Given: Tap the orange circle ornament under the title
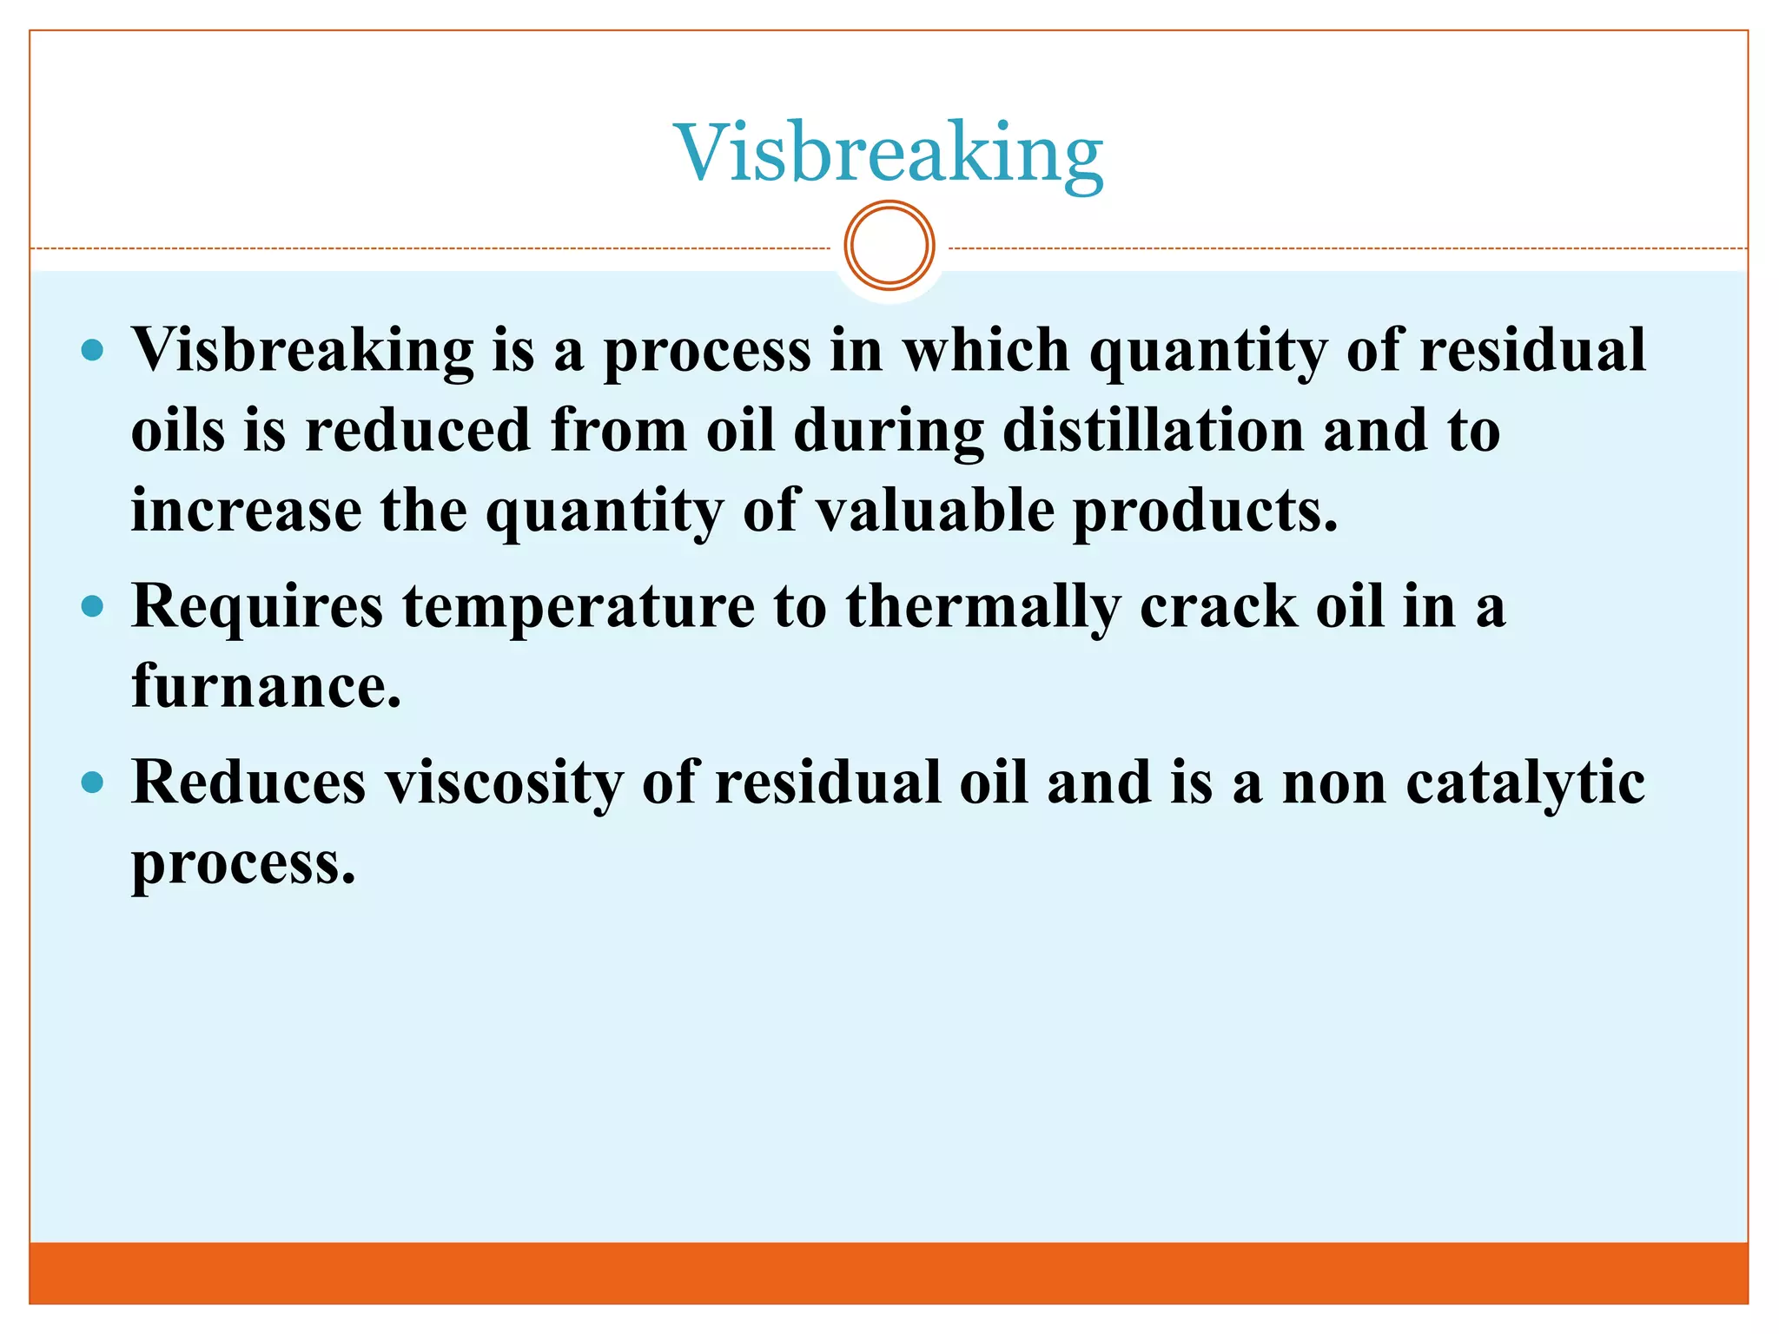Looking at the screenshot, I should point(889,246).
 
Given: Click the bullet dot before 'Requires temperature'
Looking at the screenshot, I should point(92,605).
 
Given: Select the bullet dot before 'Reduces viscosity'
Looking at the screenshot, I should point(92,783).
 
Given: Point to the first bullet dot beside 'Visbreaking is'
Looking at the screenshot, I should point(92,351).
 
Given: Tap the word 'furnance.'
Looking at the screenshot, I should point(266,685).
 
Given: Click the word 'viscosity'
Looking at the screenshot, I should point(505,783).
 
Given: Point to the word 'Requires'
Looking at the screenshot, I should point(257,607).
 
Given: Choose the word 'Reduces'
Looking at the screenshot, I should point(249,783).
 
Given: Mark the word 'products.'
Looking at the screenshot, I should point(1206,512).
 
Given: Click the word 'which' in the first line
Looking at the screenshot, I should point(986,350).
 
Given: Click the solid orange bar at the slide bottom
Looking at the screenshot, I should point(889,1272).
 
